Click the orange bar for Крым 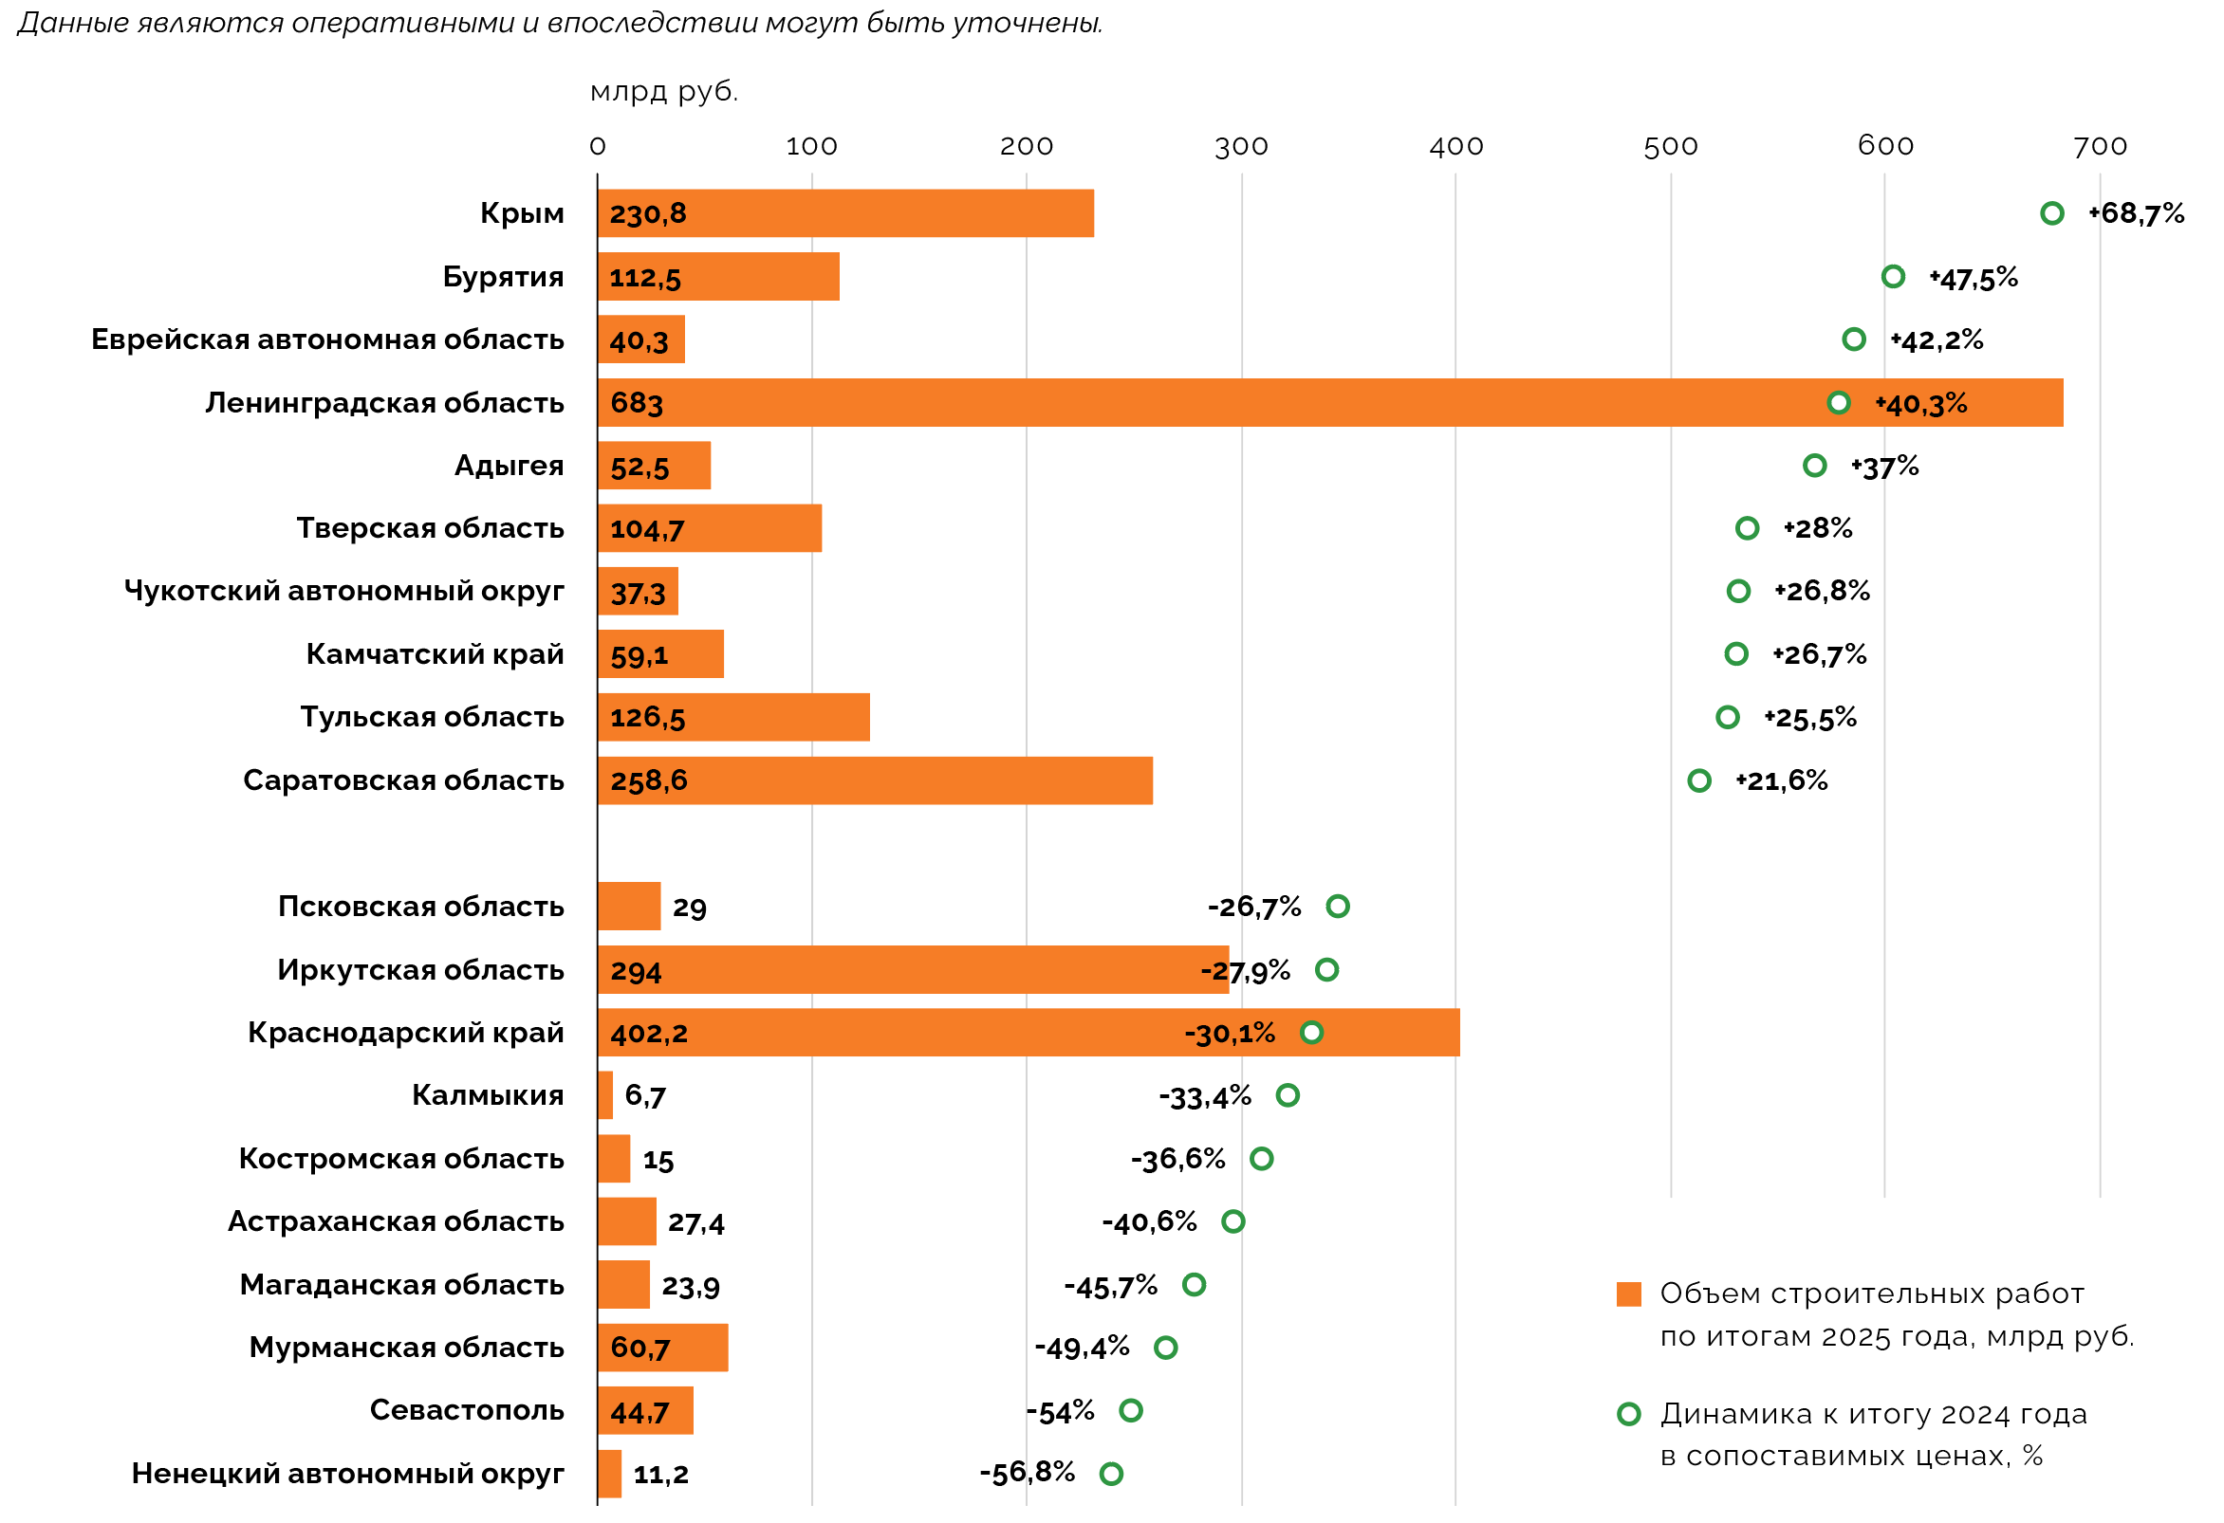(846, 213)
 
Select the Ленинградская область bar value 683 (637, 403)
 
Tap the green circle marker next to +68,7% (2050, 213)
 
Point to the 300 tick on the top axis (1241, 146)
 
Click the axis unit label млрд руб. (664, 92)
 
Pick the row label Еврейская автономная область (327, 339)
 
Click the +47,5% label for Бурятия (1974, 279)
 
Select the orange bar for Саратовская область (875, 780)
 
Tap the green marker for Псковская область (1338, 906)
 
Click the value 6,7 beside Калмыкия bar (645, 1095)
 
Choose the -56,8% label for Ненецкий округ (1027, 1473)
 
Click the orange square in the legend (1629, 1294)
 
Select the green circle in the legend (1629, 1414)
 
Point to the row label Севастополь (467, 1410)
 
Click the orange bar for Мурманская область (662, 1347)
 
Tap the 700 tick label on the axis (2100, 146)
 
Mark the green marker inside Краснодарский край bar (1311, 1032)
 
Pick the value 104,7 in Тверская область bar (647, 529)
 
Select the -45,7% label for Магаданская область (1111, 1286)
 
